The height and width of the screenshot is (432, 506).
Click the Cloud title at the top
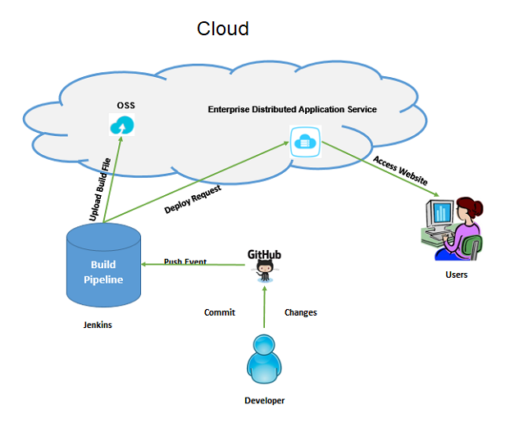pos(222,29)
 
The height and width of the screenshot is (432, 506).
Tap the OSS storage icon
pos(122,126)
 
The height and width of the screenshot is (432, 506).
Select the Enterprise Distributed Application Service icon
pos(303,141)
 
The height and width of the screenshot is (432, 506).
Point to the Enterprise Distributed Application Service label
pos(292,109)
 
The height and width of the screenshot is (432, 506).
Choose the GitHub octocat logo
pos(264,267)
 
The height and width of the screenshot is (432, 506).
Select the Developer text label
pos(264,401)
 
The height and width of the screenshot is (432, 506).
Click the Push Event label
pos(185,262)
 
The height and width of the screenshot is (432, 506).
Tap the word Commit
pos(220,312)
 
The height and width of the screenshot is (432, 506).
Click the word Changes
pos(300,312)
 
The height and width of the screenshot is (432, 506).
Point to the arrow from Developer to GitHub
pos(264,307)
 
